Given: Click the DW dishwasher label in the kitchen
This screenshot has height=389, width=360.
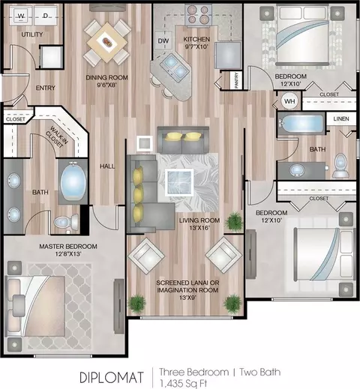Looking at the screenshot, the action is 163,40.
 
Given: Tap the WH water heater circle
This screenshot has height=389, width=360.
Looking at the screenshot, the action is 289,101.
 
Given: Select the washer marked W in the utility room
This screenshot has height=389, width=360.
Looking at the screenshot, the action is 21,16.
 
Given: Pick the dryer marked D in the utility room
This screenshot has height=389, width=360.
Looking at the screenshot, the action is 46,16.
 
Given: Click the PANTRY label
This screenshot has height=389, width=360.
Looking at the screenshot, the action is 237,80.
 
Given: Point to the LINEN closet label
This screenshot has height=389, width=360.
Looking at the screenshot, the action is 341,119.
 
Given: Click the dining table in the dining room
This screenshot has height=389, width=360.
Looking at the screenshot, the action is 107,42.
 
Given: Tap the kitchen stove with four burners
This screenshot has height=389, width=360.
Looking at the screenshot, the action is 198,14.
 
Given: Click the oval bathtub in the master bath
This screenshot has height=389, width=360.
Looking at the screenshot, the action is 73,181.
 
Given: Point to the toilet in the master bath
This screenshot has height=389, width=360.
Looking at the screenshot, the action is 67,222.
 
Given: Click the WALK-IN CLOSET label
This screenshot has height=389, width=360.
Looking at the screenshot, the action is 56,137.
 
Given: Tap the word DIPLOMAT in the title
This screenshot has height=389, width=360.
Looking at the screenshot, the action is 112,377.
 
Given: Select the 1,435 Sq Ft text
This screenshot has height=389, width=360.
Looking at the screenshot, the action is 183,383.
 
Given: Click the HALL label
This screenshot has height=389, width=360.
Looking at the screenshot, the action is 107,166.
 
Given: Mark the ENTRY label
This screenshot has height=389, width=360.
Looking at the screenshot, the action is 46,88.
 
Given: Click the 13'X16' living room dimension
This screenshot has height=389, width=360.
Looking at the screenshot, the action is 199,228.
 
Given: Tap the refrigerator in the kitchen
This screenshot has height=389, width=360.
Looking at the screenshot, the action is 228,55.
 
